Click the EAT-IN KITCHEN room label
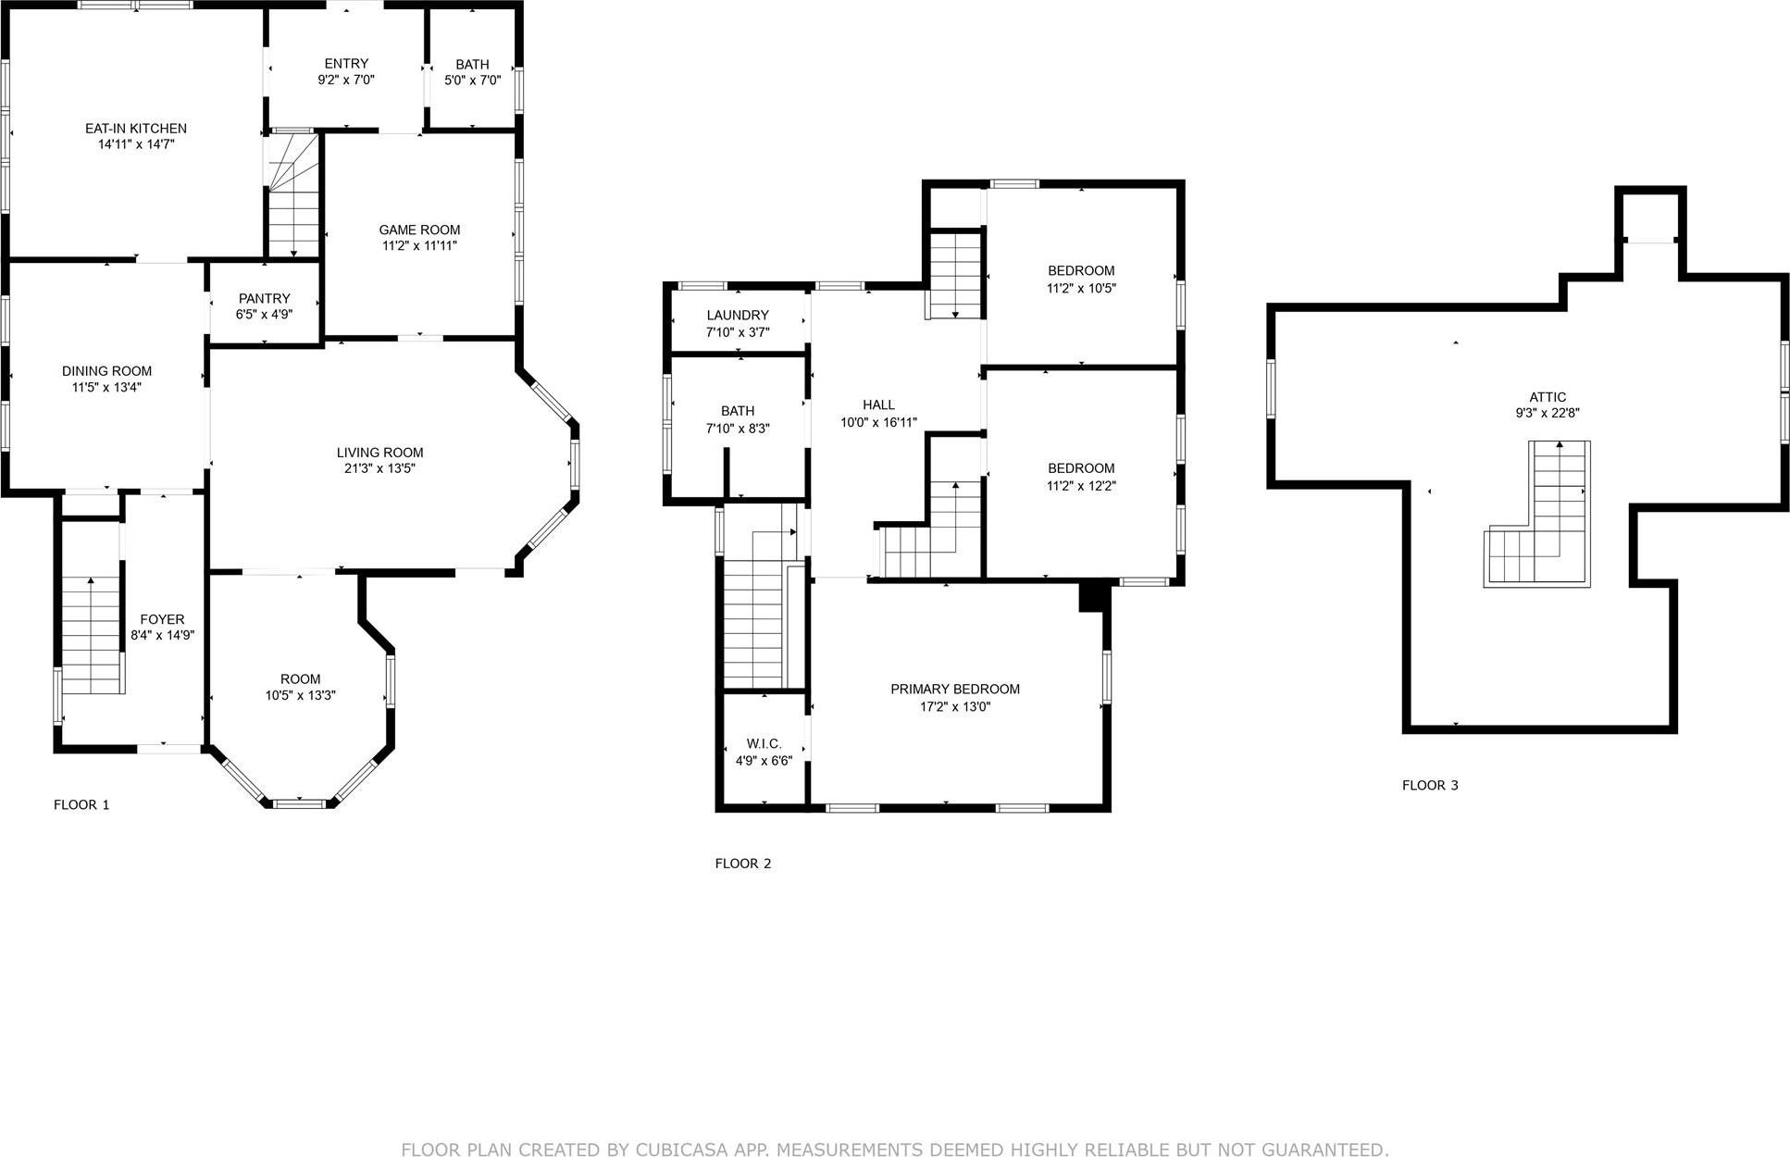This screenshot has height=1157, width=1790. (x=136, y=129)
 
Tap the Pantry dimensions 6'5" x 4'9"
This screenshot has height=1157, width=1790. (x=264, y=315)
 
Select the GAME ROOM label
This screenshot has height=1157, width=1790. (x=419, y=230)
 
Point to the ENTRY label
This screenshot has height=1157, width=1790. (x=346, y=64)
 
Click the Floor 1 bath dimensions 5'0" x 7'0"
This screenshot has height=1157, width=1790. (x=472, y=81)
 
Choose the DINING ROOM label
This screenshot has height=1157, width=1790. (x=106, y=371)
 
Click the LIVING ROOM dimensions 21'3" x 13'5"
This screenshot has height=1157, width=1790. (x=379, y=468)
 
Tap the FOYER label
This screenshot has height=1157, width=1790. (x=162, y=619)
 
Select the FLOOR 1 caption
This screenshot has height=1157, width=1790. (x=81, y=804)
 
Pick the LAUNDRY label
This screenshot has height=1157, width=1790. (x=738, y=315)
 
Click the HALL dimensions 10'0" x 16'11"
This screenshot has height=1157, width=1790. (x=878, y=422)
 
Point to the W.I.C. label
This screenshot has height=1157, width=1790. (x=764, y=744)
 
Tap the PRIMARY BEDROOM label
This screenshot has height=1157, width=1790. (x=954, y=689)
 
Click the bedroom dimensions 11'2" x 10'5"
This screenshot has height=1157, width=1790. (x=1081, y=288)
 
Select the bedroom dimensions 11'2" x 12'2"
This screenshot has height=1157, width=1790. (x=1081, y=485)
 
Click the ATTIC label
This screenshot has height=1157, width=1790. (x=1548, y=397)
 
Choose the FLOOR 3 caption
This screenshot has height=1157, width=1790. (x=1429, y=785)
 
